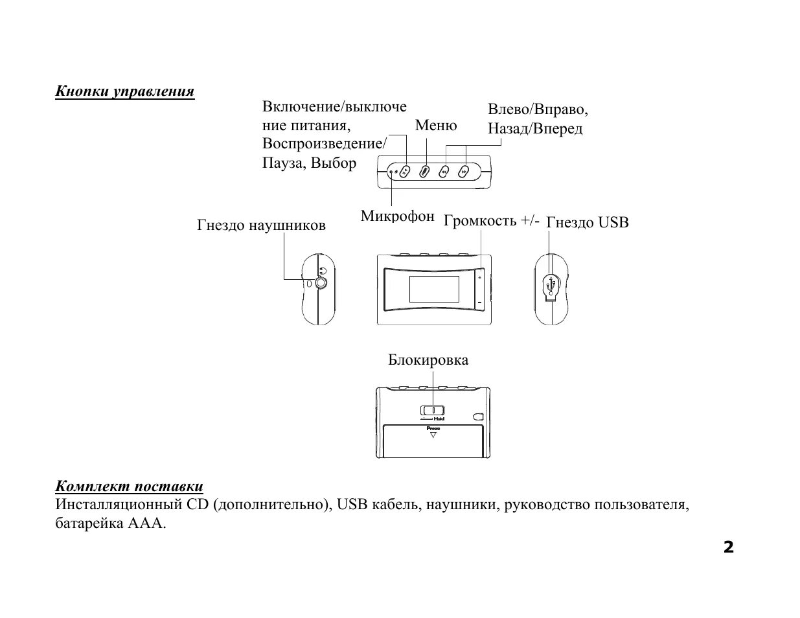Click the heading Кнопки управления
pos(125,91)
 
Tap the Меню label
pos(435,125)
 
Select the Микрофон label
pos(397,216)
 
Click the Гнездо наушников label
pos(261,225)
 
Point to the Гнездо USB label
pos(588,222)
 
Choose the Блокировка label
pos(428,360)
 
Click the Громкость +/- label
pos(491,220)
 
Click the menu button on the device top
pos(424,172)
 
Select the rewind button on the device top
pos(444,172)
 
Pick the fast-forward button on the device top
pos(464,172)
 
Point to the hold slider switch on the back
pos(432,410)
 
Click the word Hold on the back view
pos(439,419)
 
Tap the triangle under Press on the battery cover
pos(433,435)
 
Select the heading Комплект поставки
pos(130,486)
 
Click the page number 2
pos(729,547)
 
